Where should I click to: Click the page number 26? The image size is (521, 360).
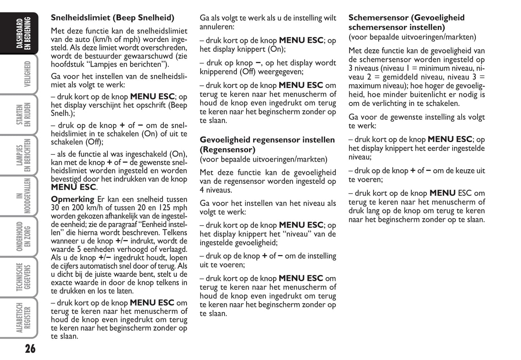tap(30, 348)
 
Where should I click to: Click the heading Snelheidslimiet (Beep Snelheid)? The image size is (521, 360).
tap(112, 18)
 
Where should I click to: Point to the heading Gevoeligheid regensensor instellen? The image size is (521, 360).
tap(267, 140)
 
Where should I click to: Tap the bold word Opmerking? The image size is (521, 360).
tap(72, 199)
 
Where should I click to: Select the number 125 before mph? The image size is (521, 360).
tap(164, 208)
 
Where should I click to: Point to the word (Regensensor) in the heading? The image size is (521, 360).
tap(228, 150)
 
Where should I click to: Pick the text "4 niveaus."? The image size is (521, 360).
tap(216, 190)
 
